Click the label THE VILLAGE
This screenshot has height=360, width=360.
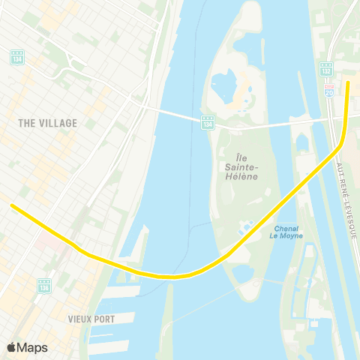pyautogui.click(x=48, y=123)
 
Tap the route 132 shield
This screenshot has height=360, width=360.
pyautogui.click(x=326, y=68)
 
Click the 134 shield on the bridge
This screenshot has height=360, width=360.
pyautogui.click(x=208, y=122)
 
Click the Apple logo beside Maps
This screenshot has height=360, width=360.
pyautogui.click(x=12, y=347)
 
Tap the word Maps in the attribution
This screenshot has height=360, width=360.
pyautogui.click(x=32, y=347)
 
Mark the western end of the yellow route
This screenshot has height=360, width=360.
pyautogui.click(x=11, y=205)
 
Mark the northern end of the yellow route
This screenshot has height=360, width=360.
pyautogui.click(x=349, y=82)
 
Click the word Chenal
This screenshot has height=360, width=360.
pyautogui.click(x=286, y=228)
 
